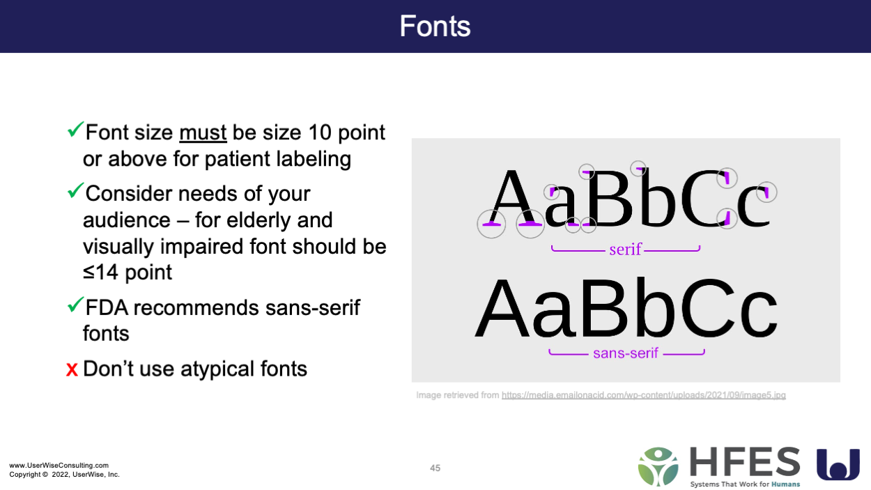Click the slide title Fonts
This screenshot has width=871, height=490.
click(435, 26)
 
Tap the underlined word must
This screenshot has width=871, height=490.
click(203, 132)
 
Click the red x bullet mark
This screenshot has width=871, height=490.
click(72, 369)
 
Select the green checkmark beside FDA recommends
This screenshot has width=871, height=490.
click(75, 305)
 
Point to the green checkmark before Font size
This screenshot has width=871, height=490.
click(75, 129)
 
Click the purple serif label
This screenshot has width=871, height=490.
click(625, 250)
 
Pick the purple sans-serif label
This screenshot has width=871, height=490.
click(626, 353)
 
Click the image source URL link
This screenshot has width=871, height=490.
click(644, 395)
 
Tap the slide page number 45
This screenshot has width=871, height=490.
click(435, 468)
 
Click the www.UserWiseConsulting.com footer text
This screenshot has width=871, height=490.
click(59, 465)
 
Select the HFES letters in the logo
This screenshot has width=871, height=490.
click(745, 462)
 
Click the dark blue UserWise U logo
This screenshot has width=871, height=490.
click(838, 464)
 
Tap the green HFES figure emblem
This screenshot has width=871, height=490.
click(658, 467)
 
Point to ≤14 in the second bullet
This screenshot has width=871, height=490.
click(100, 272)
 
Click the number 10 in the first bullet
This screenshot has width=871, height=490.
click(320, 132)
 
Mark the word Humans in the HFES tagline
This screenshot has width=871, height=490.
click(785, 484)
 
